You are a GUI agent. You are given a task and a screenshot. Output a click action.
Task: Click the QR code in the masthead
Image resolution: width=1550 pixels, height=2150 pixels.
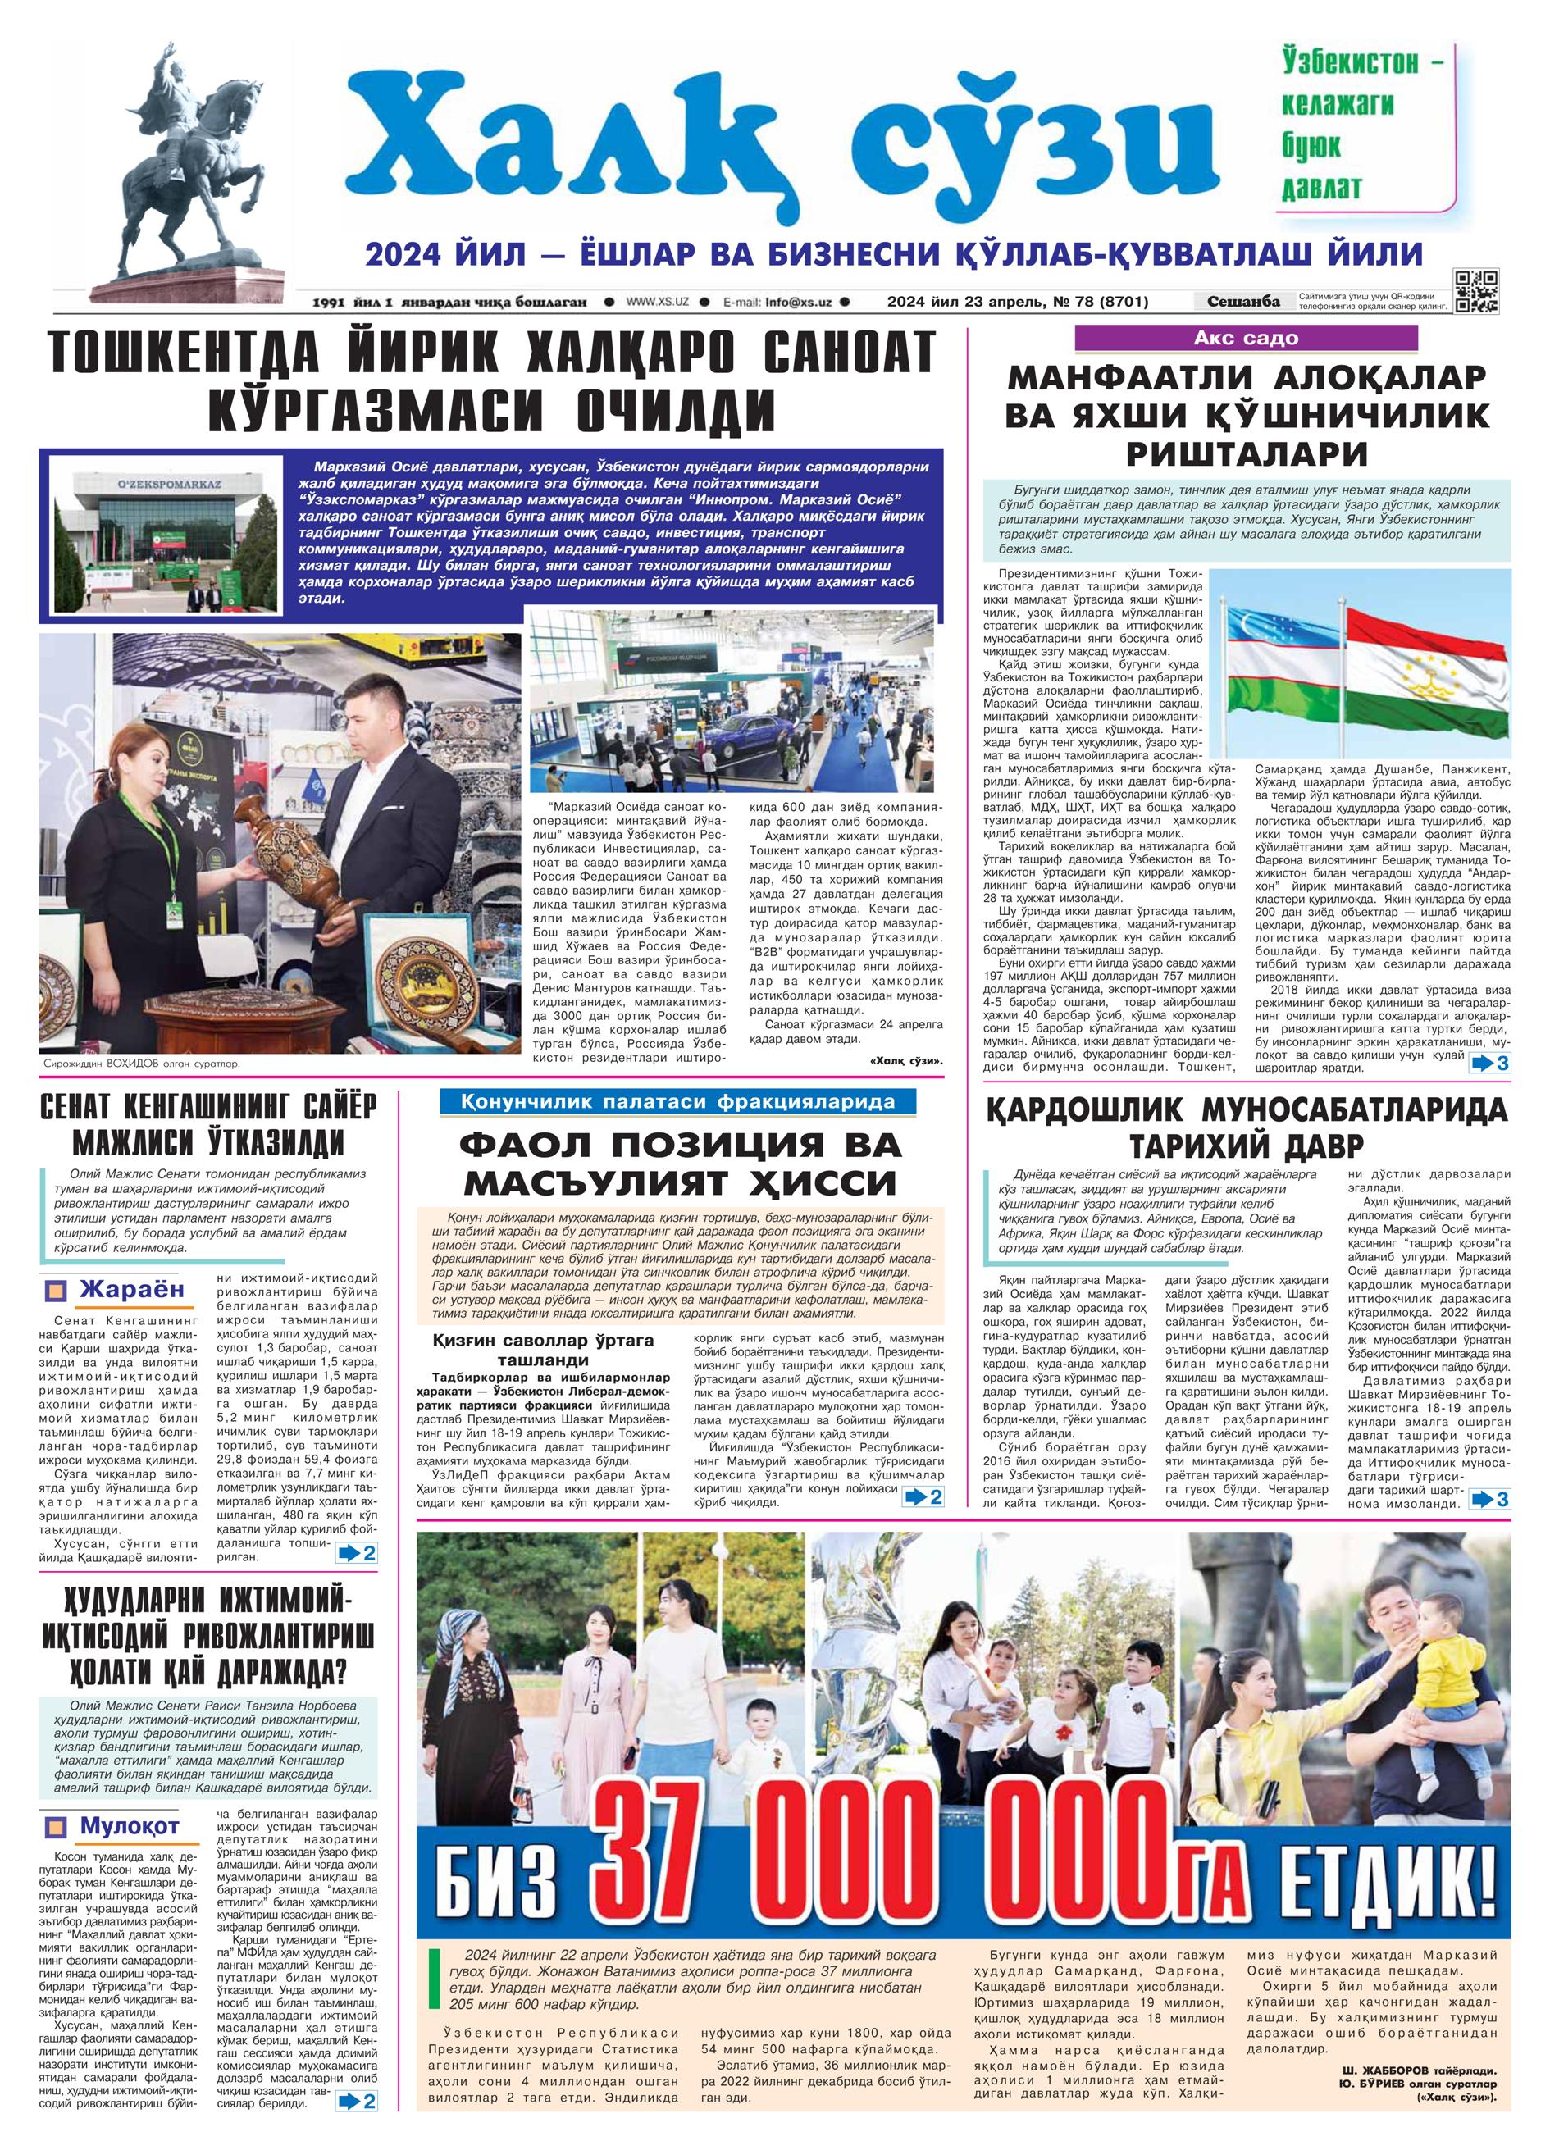pyautogui.click(x=1477, y=291)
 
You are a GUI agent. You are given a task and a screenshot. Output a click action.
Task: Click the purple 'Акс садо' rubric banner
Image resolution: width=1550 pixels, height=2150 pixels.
pyautogui.click(x=1245, y=339)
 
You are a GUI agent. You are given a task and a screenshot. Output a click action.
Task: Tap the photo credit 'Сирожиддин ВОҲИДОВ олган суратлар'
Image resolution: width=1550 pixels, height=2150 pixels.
pyautogui.click(x=142, y=1063)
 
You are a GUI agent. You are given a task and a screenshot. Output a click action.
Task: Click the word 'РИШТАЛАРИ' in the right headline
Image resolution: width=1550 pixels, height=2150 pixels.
pyautogui.click(x=1247, y=453)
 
